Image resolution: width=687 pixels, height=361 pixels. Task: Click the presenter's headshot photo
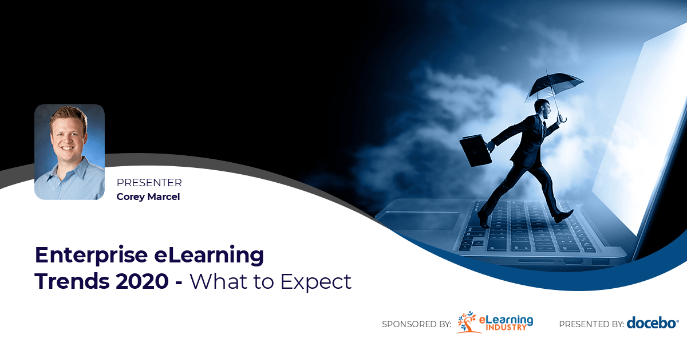[69, 152]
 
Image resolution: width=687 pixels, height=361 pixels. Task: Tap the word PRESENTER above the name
[149, 183]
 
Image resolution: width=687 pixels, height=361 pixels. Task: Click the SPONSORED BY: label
[416, 324]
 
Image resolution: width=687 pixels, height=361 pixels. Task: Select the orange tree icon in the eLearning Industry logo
[467, 323]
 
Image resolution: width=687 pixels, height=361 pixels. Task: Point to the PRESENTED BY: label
[591, 324]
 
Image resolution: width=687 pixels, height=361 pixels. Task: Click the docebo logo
[652, 323]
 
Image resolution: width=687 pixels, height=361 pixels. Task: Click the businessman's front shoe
[564, 216]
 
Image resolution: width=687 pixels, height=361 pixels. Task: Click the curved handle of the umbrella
[563, 119]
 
